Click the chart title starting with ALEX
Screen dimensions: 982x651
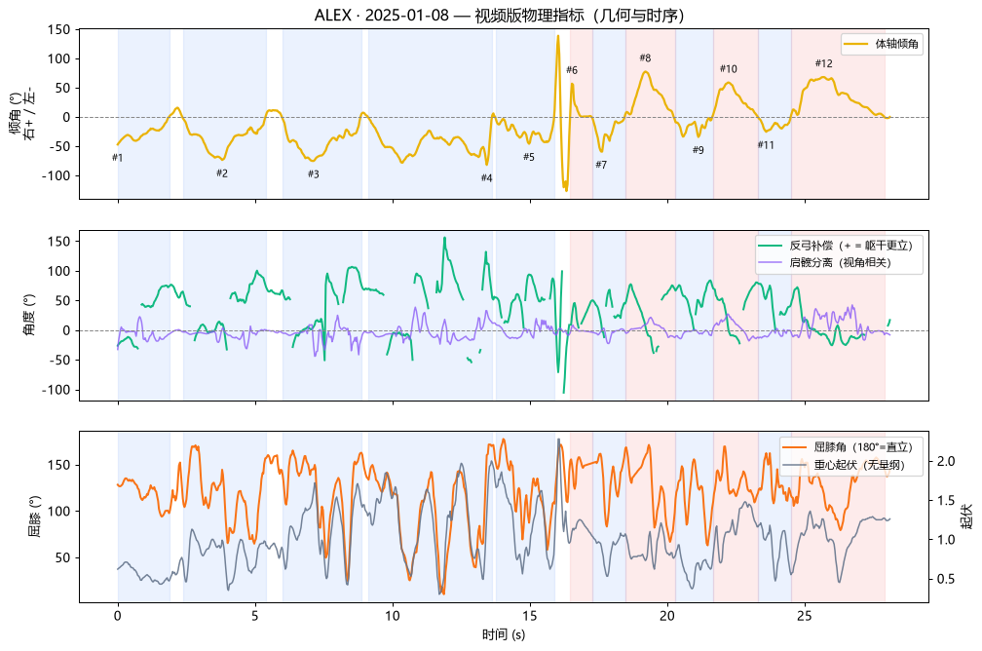pyautogui.click(x=499, y=15)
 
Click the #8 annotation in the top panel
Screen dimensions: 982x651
pyautogui.click(x=645, y=58)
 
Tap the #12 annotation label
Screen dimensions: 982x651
pyautogui.click(x=823, y=63)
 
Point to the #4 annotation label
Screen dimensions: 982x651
pyautogui.click(x=487, y=178)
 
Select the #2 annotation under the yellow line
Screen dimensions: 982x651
pyautogui.click(x=222, y=173)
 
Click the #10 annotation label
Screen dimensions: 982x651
pyautogui.click(x=729, y=69)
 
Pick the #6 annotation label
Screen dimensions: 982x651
pyautogui.click(x=572, y=70)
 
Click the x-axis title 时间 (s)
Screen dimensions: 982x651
pyautogui.click(x=504, y=634)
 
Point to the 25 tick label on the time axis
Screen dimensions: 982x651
pyautogui.click(x=805, y=616)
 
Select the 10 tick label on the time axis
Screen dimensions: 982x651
pyautogui.click(x=392, y=616)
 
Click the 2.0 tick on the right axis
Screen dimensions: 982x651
pyautogui.click(x=946, y=461)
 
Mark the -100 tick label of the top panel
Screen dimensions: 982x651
pyautogui.click(x=57, y=176)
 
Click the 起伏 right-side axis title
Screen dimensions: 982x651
pyautogui.click(x=967, y=517)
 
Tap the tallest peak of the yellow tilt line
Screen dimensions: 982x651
pyautogui.click(x=558, y=36)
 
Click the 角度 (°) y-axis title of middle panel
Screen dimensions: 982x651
pyautogui.click(x=29, y=315)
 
